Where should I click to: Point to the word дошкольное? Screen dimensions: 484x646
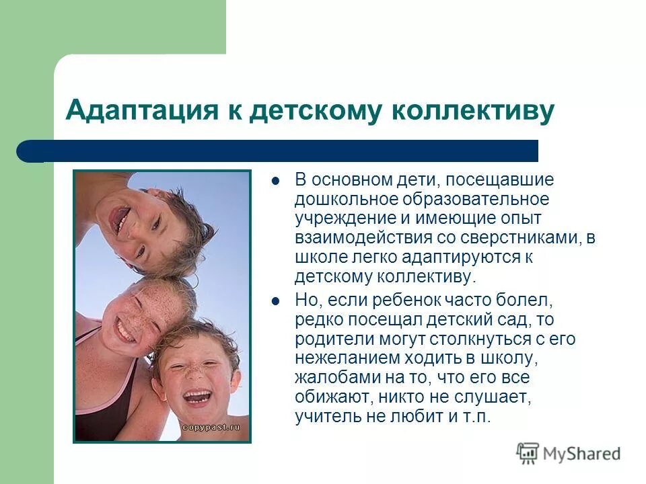click(346, 200)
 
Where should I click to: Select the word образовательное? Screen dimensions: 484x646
click(475, 200)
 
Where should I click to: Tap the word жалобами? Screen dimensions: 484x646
click(330, 378)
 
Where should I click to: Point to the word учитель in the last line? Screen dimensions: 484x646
click(324, 416)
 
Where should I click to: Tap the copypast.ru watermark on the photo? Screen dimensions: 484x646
click(211, 428)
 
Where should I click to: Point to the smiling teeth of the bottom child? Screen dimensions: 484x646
click(197, 397)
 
